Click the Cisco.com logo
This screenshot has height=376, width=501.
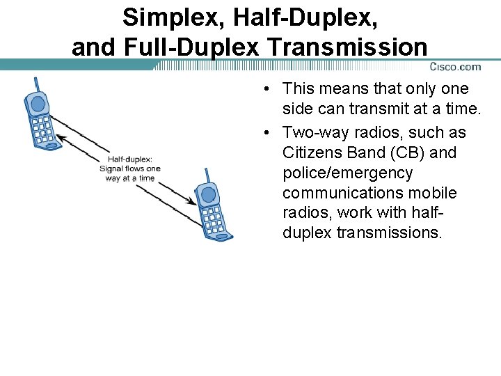click(x=455, y=67)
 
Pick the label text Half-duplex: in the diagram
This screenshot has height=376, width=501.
click(x=130, y=158)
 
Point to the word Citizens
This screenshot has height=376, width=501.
click(x=310, y=152)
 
